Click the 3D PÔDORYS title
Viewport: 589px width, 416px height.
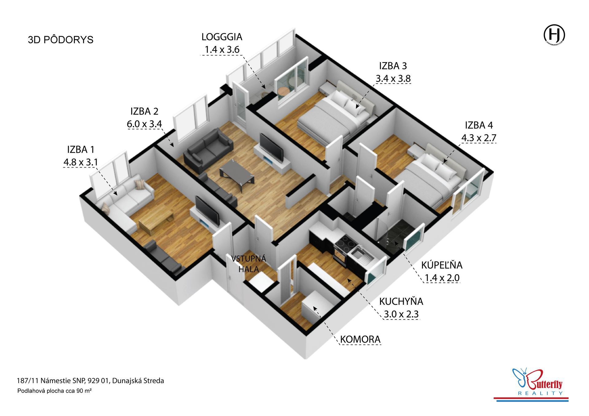click(x=60, y=40)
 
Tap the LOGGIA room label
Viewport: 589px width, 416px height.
click(x=222, y=37)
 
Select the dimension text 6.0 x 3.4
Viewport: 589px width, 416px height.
click(x=144, y=124)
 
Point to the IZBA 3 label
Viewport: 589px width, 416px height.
click(x=393, y=66)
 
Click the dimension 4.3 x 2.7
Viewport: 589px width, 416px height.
click(x=479, y=138)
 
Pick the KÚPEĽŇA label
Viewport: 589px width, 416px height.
click(x=442, y=265)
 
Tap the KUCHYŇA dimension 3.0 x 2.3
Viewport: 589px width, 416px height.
click(x=401, y=314)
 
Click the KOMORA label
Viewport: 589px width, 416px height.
click(x=360, y=339)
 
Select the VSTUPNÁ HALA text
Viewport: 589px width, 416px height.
click(x=248, y=264)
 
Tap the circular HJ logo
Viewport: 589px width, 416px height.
click(x=554, y=35)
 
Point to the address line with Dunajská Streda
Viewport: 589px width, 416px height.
click(x=90, y=381)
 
